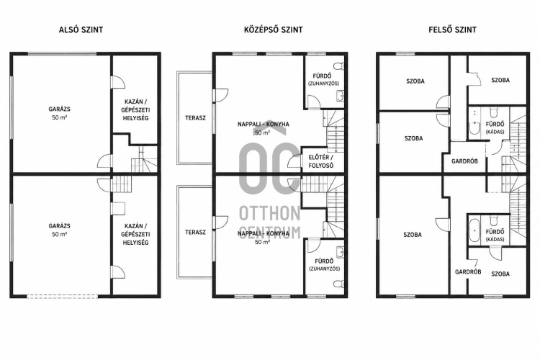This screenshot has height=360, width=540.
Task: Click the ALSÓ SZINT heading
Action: point(81,30)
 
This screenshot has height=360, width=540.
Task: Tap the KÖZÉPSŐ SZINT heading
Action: point(274,30)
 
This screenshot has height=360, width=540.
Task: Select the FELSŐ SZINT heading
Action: point(453,30)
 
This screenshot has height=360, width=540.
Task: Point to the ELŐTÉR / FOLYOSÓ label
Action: point(320,161)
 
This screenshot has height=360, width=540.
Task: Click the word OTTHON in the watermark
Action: point(270,214)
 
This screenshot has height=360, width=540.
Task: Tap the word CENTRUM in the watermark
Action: point(270,233)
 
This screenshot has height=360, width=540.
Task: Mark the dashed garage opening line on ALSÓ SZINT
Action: point(62,296)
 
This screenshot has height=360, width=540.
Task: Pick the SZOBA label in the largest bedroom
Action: point(413,235)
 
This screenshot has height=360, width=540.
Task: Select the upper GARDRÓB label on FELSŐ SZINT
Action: point(464,161)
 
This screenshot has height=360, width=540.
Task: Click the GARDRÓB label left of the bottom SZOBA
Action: point(468,272)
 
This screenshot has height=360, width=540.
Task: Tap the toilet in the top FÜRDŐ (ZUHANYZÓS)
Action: point(339,66)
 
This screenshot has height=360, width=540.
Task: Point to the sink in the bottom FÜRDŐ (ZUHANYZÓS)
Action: point(340,252)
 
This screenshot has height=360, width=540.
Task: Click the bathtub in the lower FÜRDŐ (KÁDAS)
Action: point(474,230)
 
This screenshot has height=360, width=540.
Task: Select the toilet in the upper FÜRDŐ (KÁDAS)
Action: point(494,112)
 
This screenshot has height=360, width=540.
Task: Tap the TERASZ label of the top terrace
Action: point(195,118)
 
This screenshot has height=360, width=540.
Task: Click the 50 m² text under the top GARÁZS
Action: point(59,117)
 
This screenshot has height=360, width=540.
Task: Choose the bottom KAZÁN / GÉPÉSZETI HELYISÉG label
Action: point(135,234)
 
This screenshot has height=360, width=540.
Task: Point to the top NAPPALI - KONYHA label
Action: point(264,124)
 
